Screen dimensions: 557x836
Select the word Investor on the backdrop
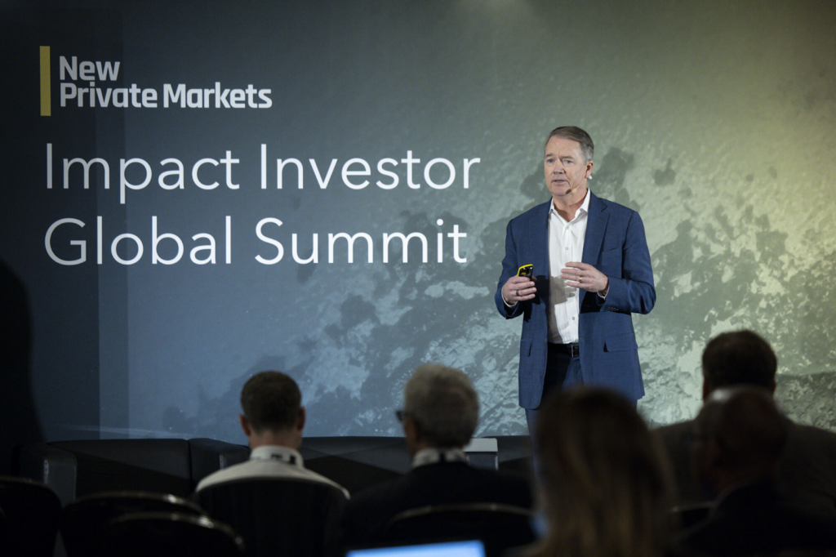point(369,170)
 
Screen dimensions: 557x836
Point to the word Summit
point(360,241)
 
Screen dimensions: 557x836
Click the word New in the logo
point(89,68)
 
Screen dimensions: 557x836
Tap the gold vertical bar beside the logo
point(45,81)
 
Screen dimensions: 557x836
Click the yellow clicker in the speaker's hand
point(524,270)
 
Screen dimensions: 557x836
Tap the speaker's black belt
point(564,349)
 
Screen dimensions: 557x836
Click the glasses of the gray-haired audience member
point(402,415)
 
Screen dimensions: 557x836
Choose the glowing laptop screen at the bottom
point(416,549)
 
